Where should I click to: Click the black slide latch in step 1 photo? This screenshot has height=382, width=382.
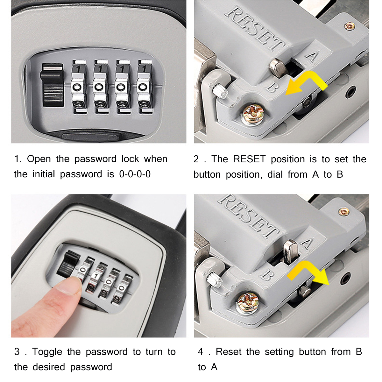52,85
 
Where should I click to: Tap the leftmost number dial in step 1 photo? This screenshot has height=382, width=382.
78,87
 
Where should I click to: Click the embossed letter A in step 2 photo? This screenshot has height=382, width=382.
312,56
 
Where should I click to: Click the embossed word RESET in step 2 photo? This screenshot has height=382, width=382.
255,29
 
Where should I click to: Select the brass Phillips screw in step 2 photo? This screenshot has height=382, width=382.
251,115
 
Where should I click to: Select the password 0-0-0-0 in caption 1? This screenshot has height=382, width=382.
135,174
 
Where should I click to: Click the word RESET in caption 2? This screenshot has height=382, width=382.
249,159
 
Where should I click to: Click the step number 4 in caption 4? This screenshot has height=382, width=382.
200,352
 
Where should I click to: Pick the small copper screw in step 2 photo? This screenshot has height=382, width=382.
350,26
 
